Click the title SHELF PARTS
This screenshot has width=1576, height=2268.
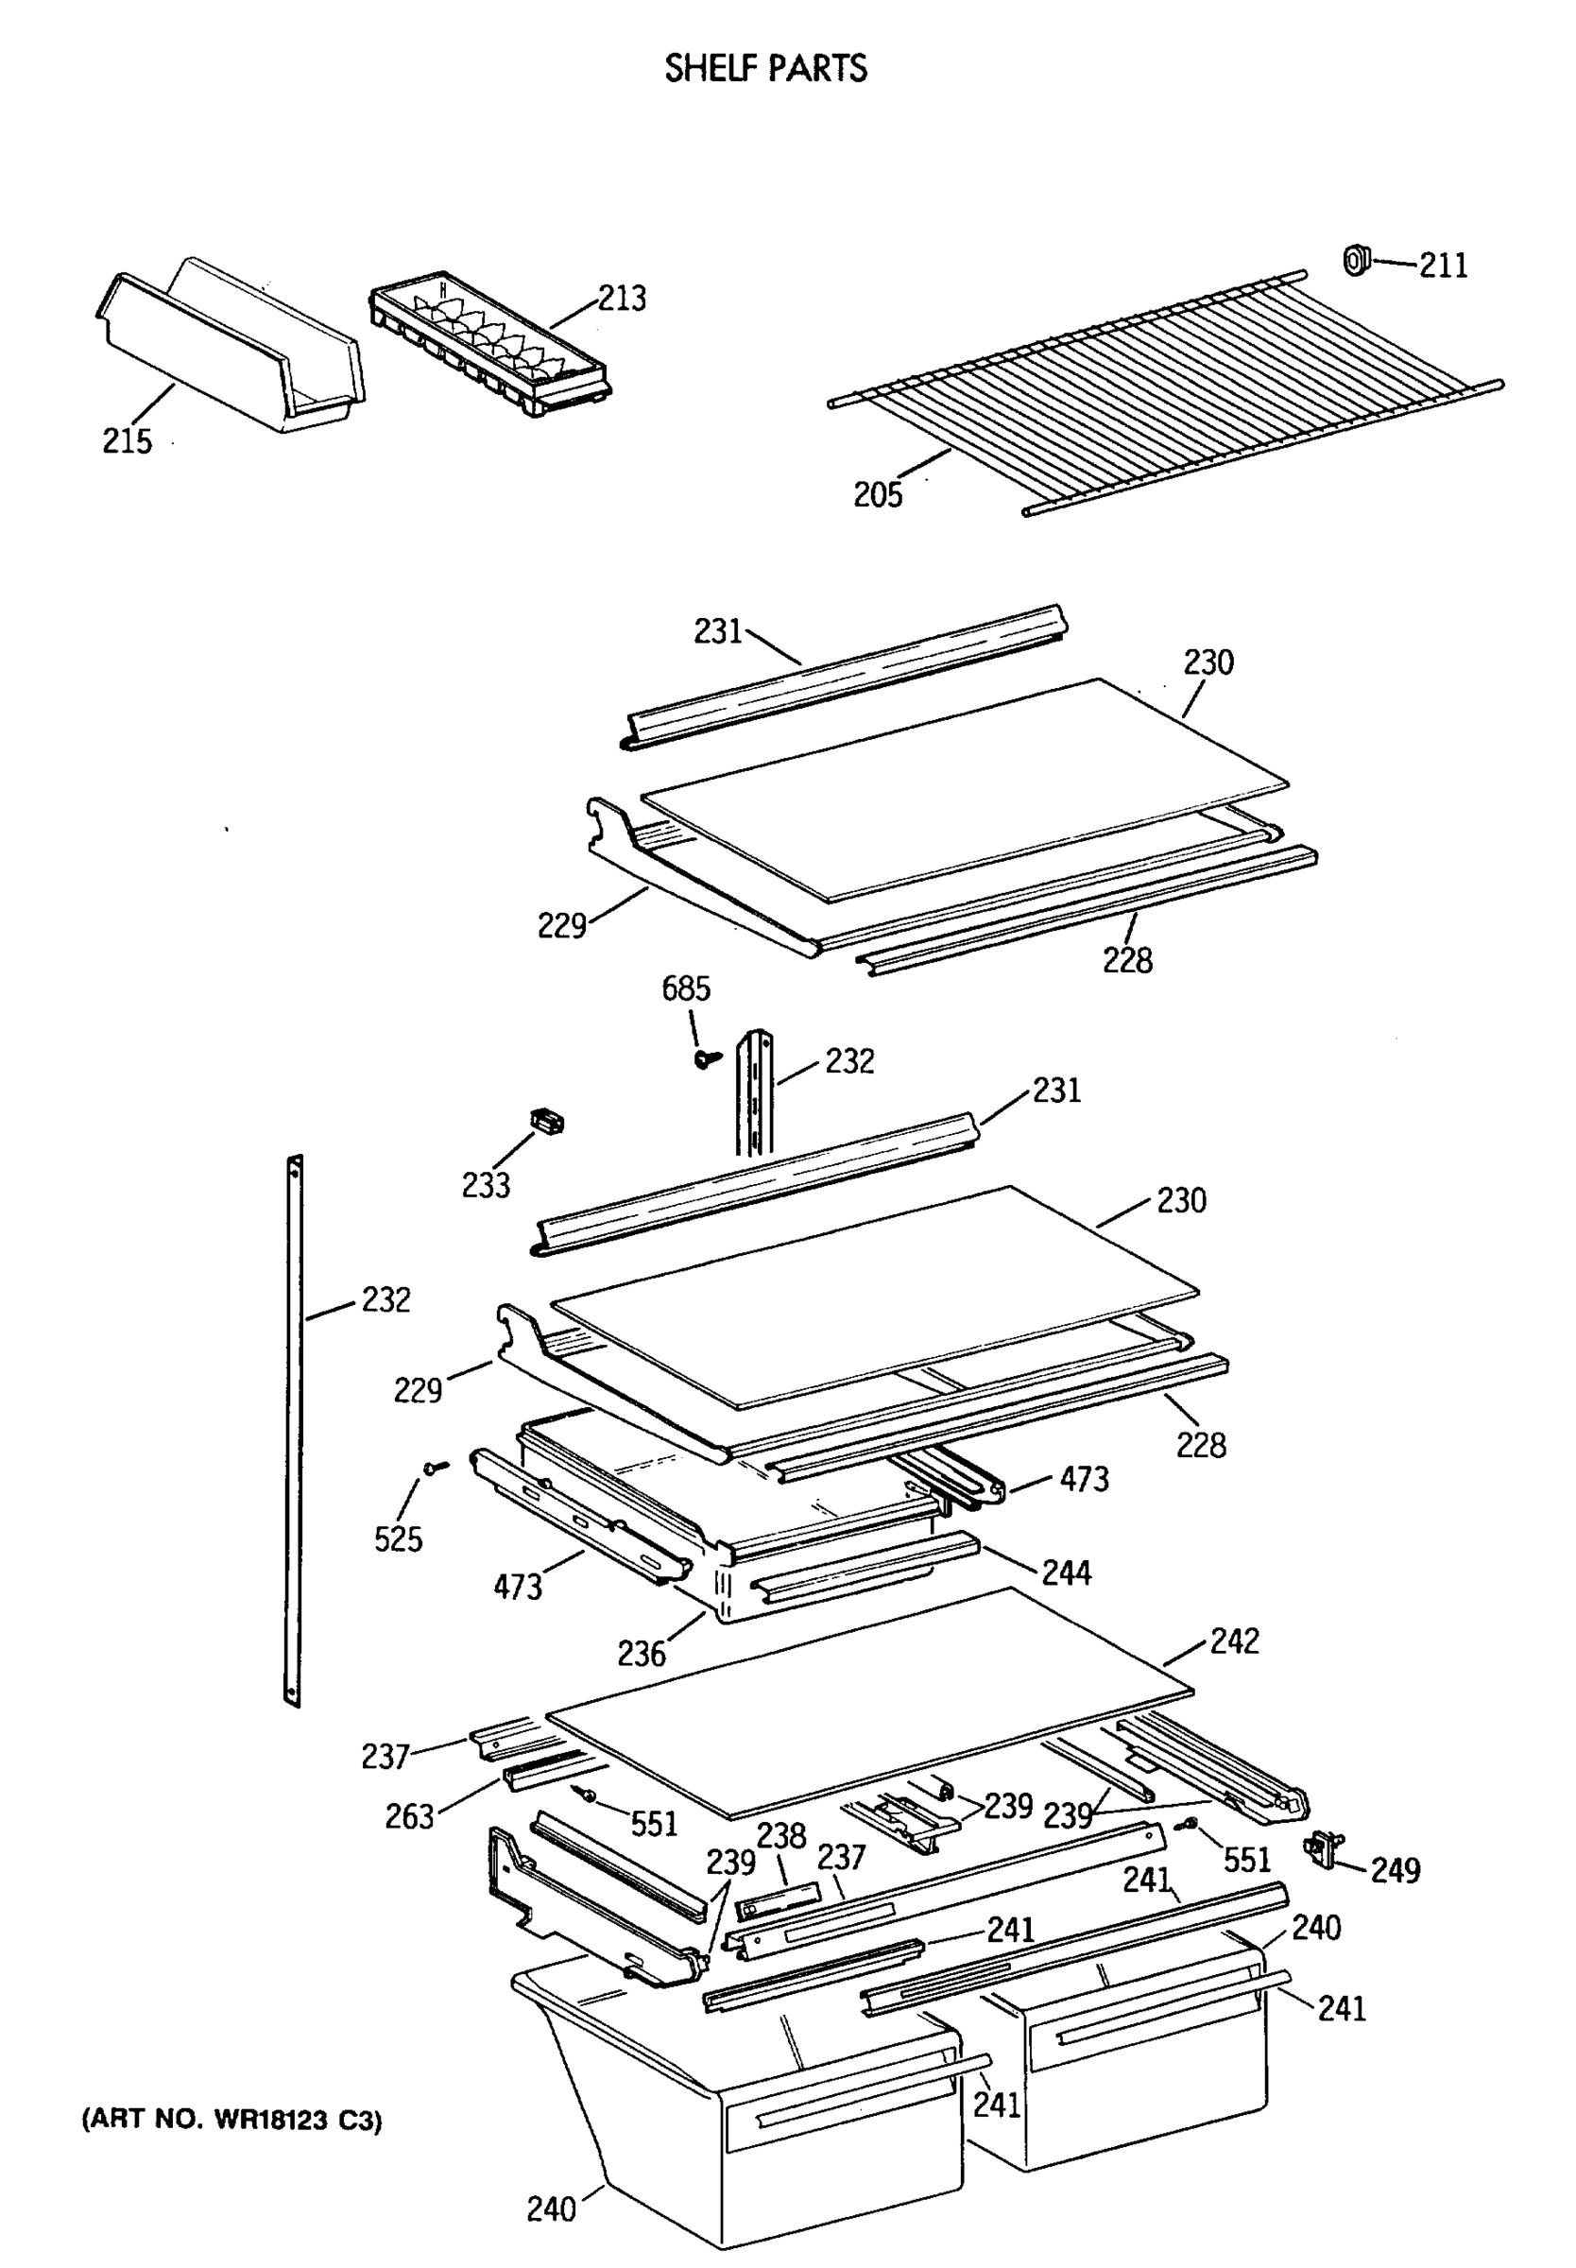click(765, 68)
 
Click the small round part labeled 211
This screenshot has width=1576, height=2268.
click(1356, 261)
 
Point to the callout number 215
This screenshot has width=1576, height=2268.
click(128, 440)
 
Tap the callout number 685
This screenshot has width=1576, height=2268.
click(685, 988)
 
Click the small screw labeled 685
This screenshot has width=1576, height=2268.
click(704, 1059)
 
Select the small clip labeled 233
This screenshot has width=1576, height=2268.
click(547, 1122)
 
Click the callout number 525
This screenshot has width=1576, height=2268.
click(398, 1539)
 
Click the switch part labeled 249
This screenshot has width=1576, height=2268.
click(1323, 1847)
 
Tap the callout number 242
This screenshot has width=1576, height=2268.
click(1234, 1641)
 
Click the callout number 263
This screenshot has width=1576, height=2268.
click(410, 1817)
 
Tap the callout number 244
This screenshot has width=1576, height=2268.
click(1067, 1572)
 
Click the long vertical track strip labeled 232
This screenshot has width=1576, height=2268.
click(293, 1432)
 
